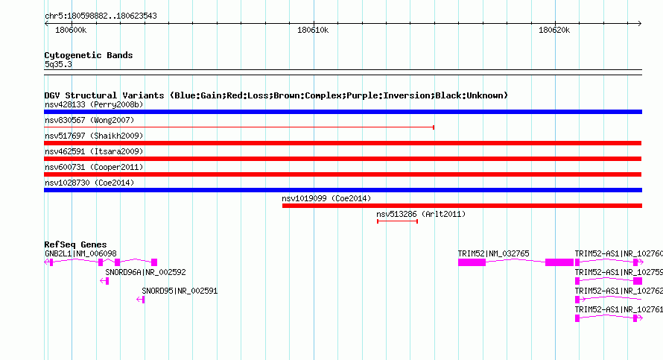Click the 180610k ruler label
click(313, 31)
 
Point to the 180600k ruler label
click(71, 31)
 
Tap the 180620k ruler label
click(554, 31)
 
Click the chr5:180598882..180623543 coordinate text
click(101, 16)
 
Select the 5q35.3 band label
click(58, 64)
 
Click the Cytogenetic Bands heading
click(89, 55)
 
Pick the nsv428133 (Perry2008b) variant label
click(94, 104)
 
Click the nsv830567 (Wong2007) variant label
click(89, 120)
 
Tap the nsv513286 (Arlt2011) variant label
click(421, 214)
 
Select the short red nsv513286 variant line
click(398, 221)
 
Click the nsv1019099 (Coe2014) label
click(326, 198)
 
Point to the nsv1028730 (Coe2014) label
click(89, 183)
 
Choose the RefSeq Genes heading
click(75, 244)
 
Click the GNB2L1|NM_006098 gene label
click(80, 254)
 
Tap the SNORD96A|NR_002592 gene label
click(145, 273)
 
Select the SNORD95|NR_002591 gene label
click(180, 291)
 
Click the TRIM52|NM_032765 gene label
click(493, 254)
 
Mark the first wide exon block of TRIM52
click(472, 262)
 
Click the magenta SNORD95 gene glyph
click(141, 300)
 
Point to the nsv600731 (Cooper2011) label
click(94, 167)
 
